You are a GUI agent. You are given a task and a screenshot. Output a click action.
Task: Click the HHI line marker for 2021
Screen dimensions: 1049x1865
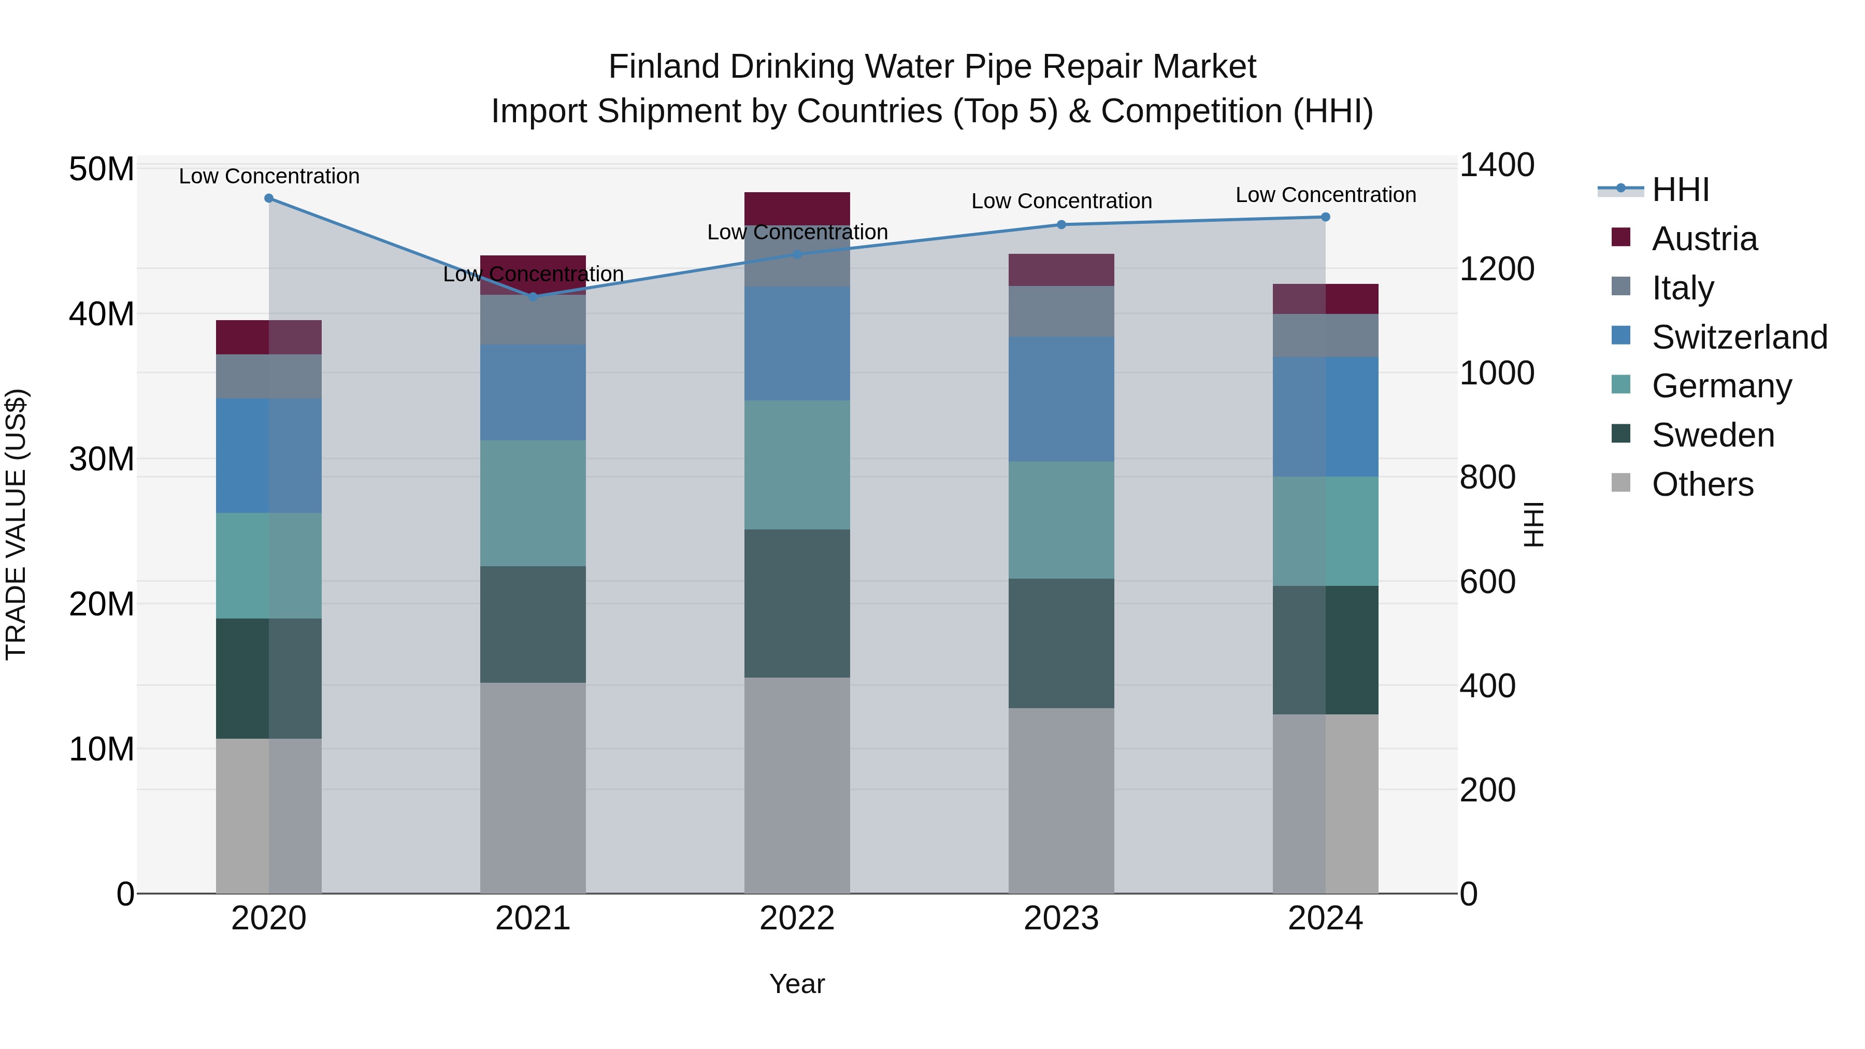point(533,296)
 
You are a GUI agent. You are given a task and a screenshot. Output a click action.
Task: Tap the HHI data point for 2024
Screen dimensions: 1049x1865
point(1326,217)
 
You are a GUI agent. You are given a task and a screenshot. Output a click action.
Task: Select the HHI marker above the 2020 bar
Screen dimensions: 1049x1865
point(268,198)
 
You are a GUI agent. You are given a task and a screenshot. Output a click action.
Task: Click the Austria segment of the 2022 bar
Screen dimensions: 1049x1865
point(797,208)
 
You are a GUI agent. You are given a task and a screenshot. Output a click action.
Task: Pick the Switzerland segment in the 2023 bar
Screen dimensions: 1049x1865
point(1061,399)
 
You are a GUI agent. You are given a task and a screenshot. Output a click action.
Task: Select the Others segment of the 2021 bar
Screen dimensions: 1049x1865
point(533,787)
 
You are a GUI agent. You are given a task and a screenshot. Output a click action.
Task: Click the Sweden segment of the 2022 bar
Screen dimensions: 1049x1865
point(797,603)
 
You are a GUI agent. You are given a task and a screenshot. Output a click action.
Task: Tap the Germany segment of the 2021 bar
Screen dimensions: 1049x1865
point(533,503)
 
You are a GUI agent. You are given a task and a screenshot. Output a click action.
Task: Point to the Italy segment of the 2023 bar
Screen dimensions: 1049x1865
point(1061,311)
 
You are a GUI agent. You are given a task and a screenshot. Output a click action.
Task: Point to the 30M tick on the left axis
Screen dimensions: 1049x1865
point(102,459)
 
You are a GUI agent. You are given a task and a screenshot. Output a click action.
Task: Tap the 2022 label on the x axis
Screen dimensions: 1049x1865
point(797,918)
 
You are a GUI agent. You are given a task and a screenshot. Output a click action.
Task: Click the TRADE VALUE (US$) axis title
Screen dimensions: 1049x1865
point(16,524)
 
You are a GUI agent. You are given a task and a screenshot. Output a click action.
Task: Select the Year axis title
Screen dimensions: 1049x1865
point(797,984)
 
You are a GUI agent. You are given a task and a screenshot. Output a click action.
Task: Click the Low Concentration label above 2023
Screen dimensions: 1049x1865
point(1061,202)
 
